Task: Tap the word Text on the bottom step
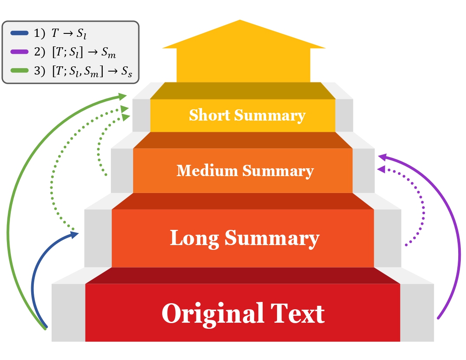pyautogui.click(x=298, y=313)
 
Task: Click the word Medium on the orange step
pyautogui.click(x=208, y=171)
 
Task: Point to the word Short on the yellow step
pyautogui.click(x=210, y=115)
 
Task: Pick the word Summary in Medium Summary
pyautogui.click(x=278, y=171)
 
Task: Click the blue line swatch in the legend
pyautogui.click(x=20, y=33)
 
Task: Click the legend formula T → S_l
pyautogui.click(x=70, y=33)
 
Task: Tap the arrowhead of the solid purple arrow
pyautogui.click(x=381, y=155)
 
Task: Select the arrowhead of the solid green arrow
pyautogui.click(x=124, y=94)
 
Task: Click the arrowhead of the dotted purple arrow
pyautogui.click(x=381, y=168)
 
